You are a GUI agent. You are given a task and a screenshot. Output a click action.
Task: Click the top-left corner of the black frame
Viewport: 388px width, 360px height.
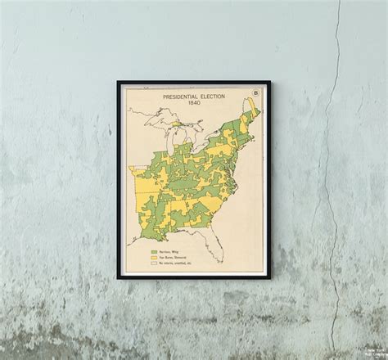click(118, 82)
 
